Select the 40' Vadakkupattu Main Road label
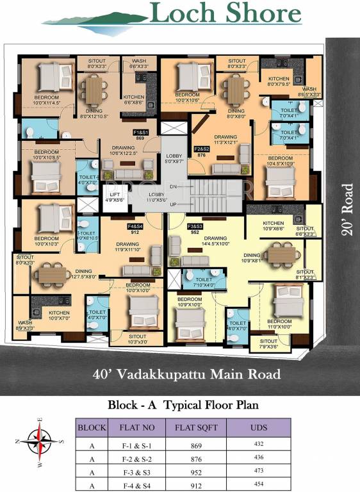[x=186, y=373]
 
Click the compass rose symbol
[x=40, y=441]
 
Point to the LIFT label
[x=114, y=194]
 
